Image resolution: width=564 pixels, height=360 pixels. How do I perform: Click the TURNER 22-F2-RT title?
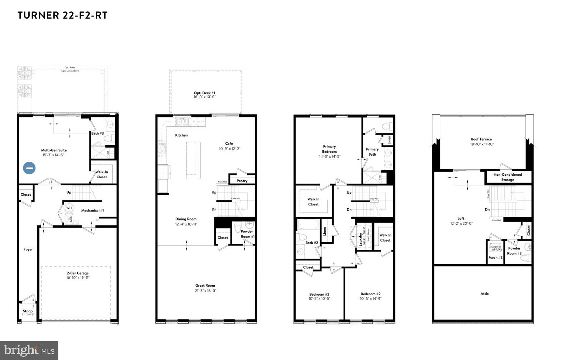[x=63, y=15]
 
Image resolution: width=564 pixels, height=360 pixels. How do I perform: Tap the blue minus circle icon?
[x=29, y=168]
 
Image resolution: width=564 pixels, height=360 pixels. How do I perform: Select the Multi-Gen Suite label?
[x=54, y=150]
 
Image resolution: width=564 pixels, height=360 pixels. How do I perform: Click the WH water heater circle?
[x=69, y=208]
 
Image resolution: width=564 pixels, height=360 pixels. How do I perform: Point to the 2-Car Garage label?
[x=78, y=273]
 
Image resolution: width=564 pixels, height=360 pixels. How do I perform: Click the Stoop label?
[x=28, y=311]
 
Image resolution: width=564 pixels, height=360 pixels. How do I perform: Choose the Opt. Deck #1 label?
[x=205, y=93]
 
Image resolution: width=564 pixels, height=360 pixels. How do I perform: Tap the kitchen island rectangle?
[x=193, y=160]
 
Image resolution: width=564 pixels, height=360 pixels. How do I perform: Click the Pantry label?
[x=242, y=181]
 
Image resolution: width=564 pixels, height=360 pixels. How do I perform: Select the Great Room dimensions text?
[x=205, y=291]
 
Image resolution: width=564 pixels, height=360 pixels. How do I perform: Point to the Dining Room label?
[x=186, y=219]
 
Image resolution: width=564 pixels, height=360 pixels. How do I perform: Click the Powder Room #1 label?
[x=247, y=234]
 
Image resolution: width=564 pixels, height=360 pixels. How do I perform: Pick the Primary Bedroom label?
[x=329, y=149]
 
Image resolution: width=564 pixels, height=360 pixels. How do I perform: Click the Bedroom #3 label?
[x=319, y=294]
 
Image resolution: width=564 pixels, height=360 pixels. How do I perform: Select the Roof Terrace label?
[x=481, y=139]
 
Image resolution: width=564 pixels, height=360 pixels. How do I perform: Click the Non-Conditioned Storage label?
[x=507, y=177]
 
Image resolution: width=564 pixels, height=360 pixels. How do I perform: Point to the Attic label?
[x=485, y=293]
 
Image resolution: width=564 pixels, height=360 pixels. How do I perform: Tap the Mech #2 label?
[x=496, y=257]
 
